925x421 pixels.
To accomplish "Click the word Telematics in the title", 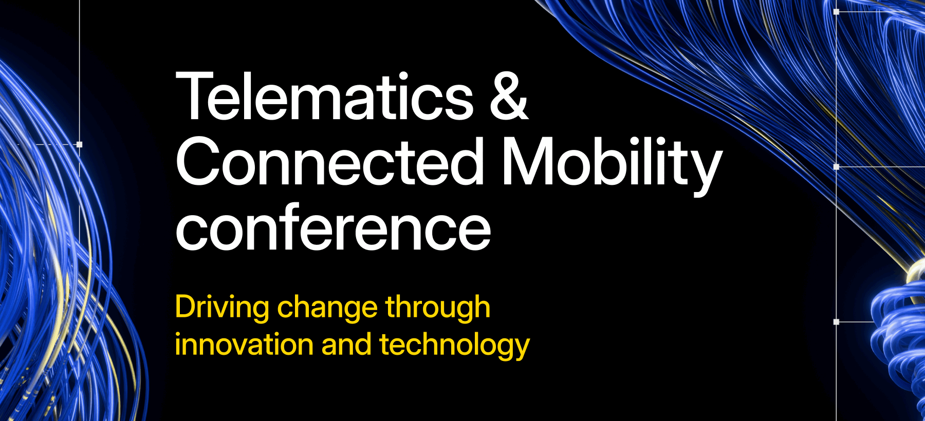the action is pos(325,97).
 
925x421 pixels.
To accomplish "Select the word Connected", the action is pos(330,161).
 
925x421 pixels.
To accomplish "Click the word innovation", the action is pos(244,345).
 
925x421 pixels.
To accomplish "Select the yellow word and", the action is pos(346,345).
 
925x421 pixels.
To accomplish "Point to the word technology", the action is pos(455,346).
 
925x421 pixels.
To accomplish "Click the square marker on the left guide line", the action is pos(79,145).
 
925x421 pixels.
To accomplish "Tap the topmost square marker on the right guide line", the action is pos(836,12).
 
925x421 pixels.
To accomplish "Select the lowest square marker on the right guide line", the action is pos(836,322).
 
